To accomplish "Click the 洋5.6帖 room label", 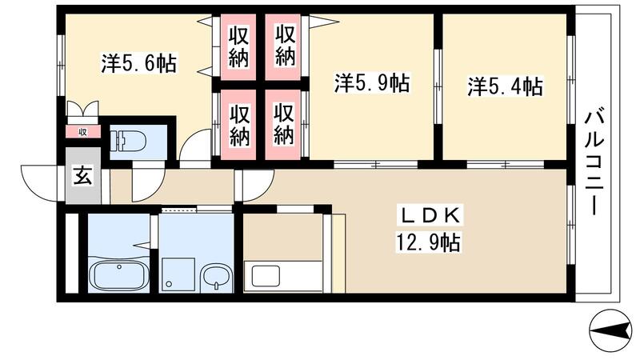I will click(x=138, y=63).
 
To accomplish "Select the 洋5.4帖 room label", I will click(x=505, y=86).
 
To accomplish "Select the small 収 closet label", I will click(x=82, y=131).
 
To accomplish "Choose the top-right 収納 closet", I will click(x=285, y=46).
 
